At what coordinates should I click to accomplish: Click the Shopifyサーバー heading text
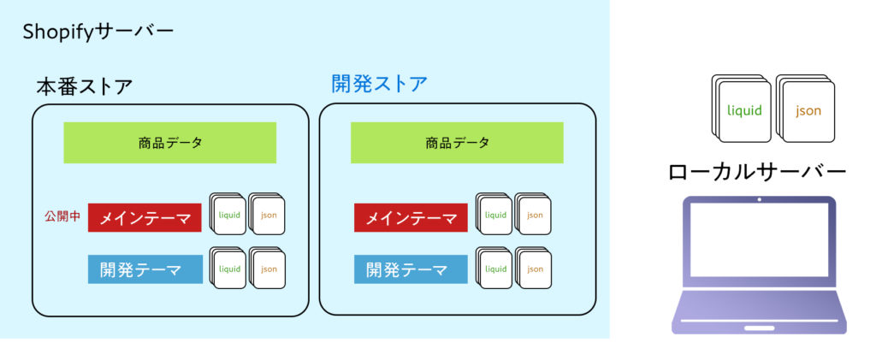click(98, 32)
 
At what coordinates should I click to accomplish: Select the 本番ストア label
click(85, 87)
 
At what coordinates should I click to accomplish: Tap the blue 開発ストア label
click(379, 85)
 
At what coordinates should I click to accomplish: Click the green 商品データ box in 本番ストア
click(170, 143)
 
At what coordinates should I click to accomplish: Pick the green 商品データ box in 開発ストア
click(457, 143)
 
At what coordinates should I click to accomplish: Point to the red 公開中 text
click(62, 217)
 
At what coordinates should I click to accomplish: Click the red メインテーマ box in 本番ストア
click(145, 218)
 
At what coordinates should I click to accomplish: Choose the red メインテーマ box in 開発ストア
click(411, 218)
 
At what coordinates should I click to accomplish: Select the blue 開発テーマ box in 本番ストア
click(145, 269)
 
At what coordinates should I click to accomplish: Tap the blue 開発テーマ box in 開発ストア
click(411, 269)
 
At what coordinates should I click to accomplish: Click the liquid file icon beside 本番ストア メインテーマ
click(228, 214)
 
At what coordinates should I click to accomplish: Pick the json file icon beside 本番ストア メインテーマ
click(267, 214)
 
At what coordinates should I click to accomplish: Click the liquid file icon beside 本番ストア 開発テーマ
click(228, 268)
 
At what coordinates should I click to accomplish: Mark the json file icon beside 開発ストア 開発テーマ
click(533, 268)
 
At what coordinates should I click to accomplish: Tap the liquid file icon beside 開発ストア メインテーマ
click(494, 214)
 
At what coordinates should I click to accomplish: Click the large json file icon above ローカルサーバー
click(806, 109)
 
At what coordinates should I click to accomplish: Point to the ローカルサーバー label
click(757, 172)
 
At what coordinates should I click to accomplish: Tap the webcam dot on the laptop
click(760, 199)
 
